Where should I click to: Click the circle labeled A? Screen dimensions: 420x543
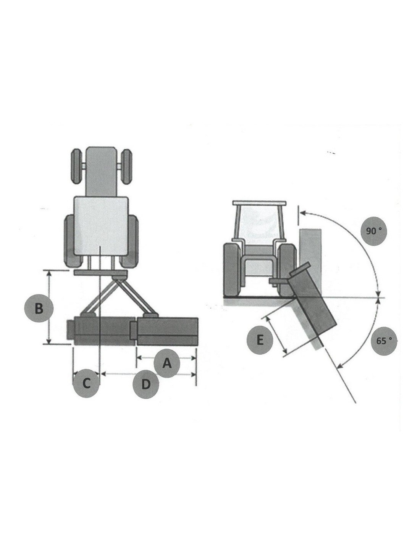(166, 363)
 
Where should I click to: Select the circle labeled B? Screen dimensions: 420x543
(39, 309)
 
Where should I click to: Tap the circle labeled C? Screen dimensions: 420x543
(86, 383)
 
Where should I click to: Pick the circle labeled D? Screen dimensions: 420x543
(145, 385)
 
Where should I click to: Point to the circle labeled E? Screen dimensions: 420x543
(260, 340)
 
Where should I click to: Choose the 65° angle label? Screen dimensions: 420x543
(383, 341)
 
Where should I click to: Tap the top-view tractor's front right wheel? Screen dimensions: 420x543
(127, 166)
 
